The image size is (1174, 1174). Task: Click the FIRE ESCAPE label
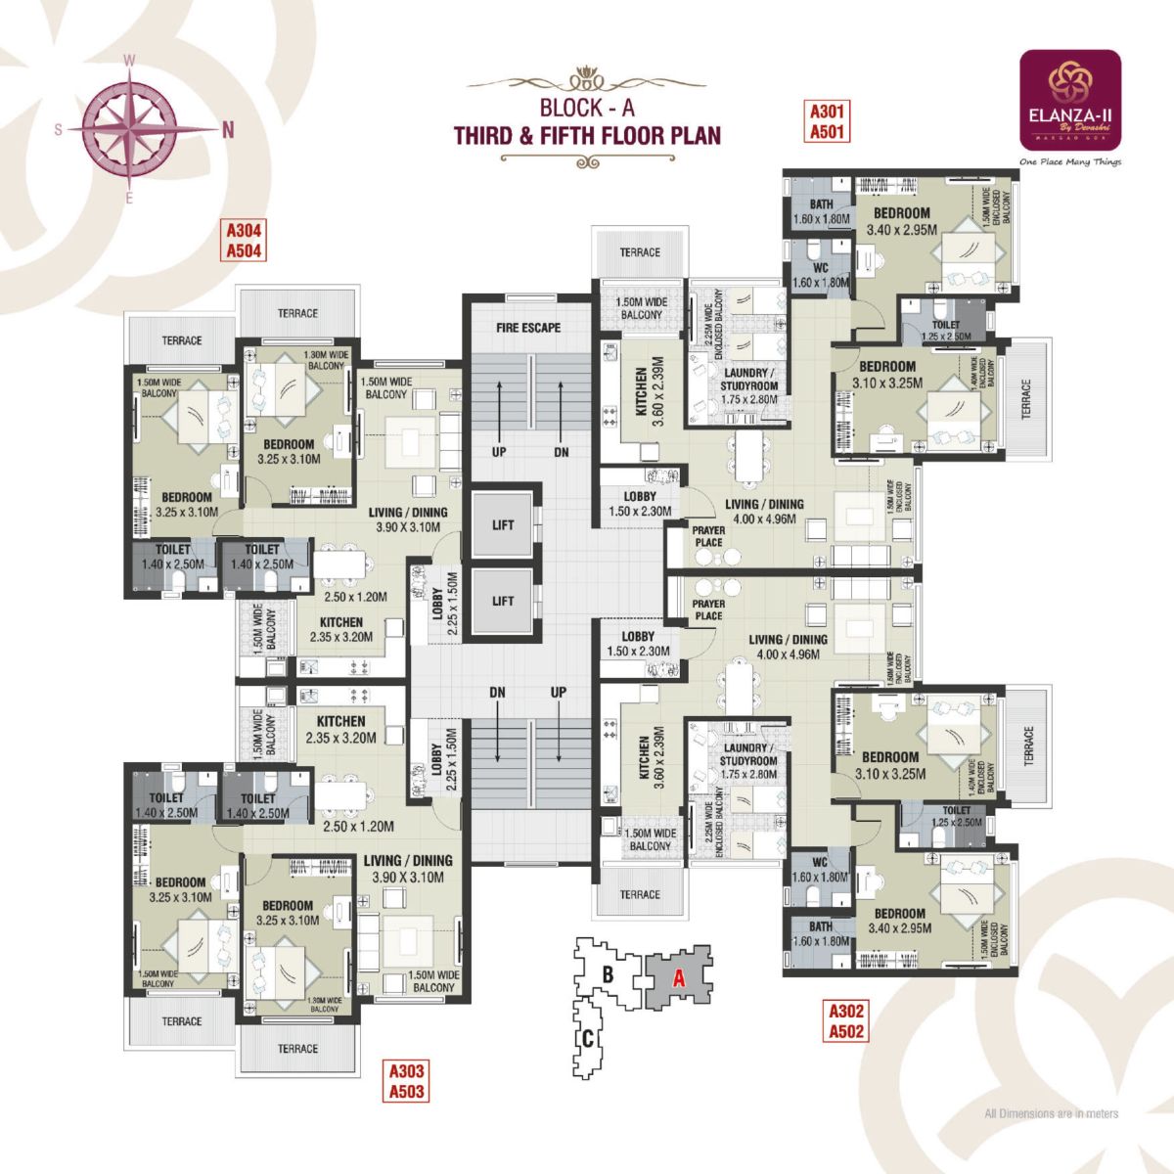(527, 327)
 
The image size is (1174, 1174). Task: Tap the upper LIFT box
(503, 524)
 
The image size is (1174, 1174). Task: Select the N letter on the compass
(228, 128)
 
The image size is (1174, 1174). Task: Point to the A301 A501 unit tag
(827, 121)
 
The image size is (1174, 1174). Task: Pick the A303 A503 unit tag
(406, 1080)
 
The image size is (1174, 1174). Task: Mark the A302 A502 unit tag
(846, 1019)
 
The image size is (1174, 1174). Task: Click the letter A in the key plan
(677, 975)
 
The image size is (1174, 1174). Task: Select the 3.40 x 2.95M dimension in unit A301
(901, 230)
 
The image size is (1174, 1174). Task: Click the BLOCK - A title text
(587, 109)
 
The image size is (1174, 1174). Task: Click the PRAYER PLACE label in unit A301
(708, 536)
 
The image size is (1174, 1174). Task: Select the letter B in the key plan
(608, 974)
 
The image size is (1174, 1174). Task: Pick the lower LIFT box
(503, 601)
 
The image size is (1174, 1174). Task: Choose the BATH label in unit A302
(821, 926)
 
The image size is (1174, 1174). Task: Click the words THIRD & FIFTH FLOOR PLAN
(587, 135)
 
